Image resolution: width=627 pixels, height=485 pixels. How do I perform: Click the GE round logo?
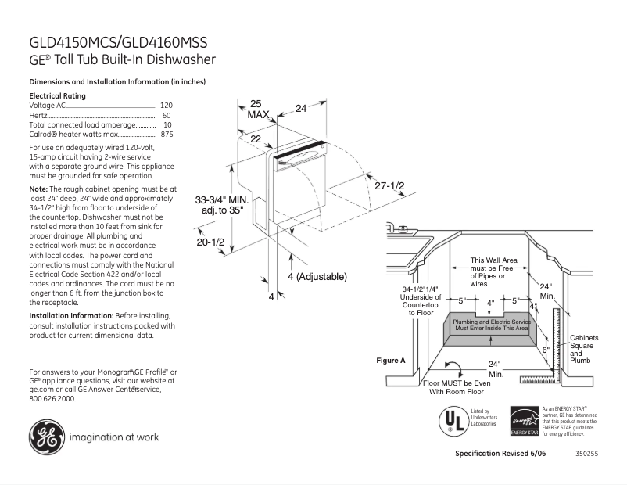(x=47, y=437)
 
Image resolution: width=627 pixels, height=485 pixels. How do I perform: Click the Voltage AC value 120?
(x=166, y=105)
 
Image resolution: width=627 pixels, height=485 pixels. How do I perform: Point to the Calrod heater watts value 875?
(x=166, y=135)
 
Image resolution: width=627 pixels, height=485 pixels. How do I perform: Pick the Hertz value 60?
(x=167, y=115)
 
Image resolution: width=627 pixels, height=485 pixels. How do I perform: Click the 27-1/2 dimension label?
(x=389, y=186)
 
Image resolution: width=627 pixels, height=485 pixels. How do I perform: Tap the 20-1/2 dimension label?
(x=210, y=243)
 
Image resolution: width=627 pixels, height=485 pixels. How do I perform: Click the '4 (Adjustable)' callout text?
(x=317, y=277)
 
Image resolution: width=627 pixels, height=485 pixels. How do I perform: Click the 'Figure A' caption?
(x=391, y=361)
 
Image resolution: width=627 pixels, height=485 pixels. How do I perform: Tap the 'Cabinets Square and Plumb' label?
(x=583, y=349)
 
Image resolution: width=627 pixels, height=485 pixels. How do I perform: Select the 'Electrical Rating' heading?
(x=57, y=95)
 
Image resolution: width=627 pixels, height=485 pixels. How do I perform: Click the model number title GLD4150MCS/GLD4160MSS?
(x=118, y=43)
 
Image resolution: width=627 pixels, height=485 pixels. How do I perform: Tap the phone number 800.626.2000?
(x=52, y=398)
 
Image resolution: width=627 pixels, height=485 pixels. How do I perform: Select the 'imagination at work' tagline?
(x=114, y=437)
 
